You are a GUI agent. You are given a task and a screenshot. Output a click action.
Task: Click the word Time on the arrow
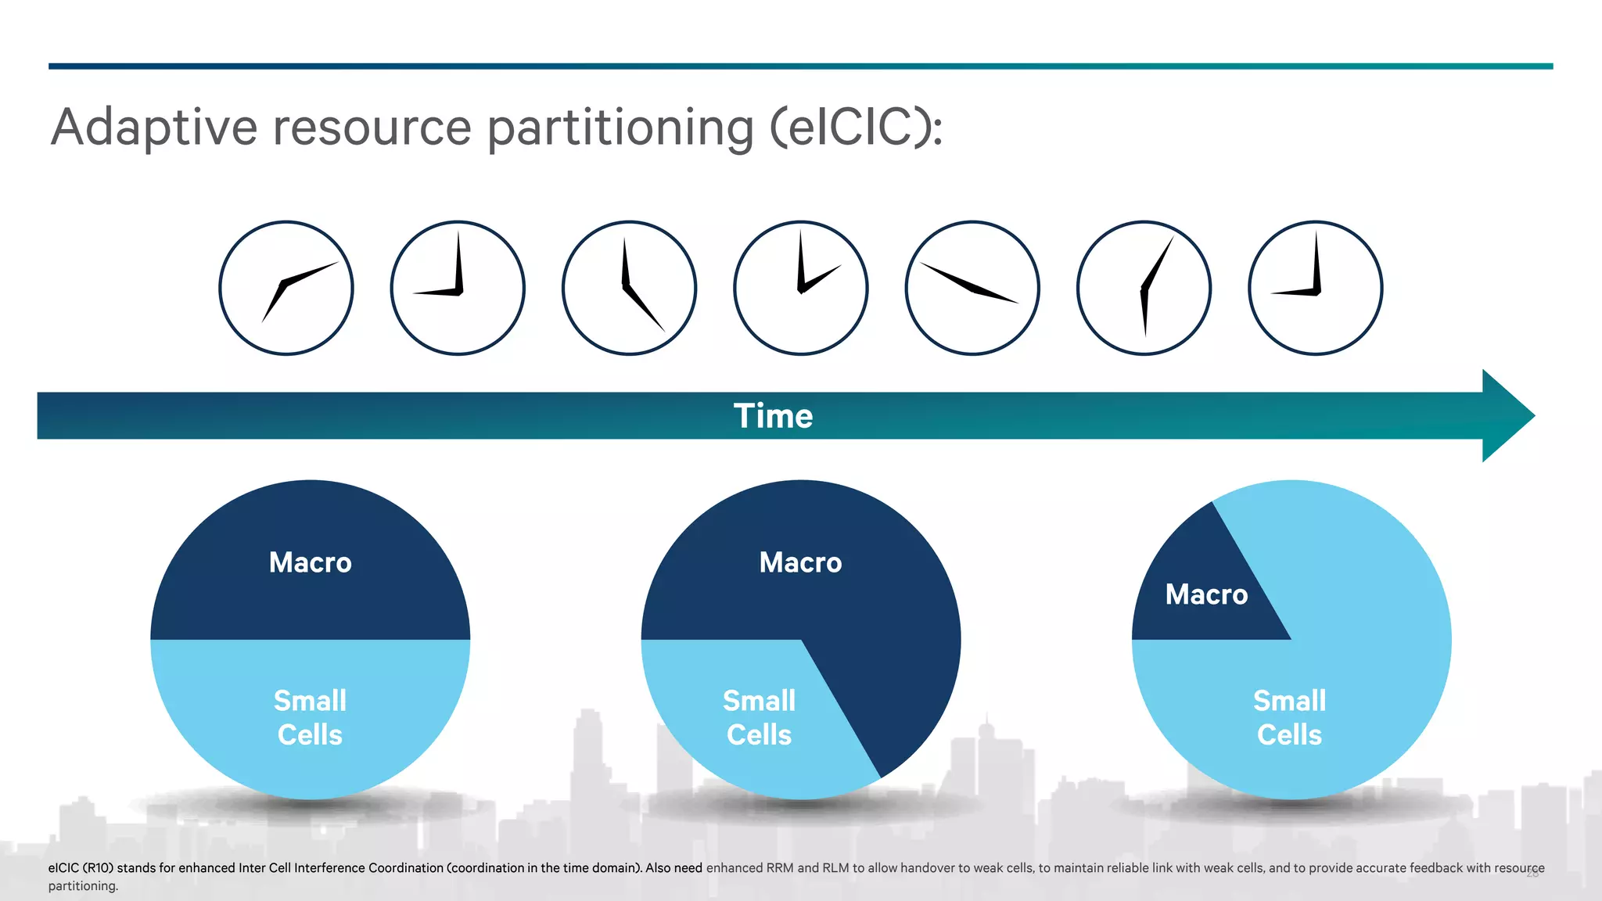pyautogui.click(x=773, y=416)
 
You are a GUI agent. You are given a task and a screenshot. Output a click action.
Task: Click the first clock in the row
pyautogui.click(x=286, y=288)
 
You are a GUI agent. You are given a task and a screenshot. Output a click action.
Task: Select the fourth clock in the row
pyautogui.click(x=801, y=288)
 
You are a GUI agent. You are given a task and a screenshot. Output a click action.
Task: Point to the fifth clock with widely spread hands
pyautogui.click(x=972, y=288)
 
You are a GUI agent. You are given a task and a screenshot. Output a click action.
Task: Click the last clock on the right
pyautogui.click(x=1316, y=288)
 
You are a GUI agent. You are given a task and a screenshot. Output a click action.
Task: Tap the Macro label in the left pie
pyautogui.click(x=311, y=562)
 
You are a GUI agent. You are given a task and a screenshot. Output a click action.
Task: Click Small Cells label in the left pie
pyautogui.click(x=311, y=717)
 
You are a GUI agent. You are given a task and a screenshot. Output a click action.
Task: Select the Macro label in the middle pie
pyautogui.click(x=800, y=562)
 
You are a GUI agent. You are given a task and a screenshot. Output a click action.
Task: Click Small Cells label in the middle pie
pyautogui.click(x=759, y=717)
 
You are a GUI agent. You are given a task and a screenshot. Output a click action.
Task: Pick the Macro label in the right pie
pyautogui.click(x=1206, y=594)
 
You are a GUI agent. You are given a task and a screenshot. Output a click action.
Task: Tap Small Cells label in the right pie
pyautogui.click(x=1289, y=717)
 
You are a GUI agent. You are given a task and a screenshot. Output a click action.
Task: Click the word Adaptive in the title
pyautogui.click(x=154, y=127)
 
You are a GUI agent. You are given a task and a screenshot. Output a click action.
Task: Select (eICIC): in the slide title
pyautogui.click(x=857, y=127)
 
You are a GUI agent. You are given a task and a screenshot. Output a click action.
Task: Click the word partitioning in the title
pyautogui.click(x=620, y=127)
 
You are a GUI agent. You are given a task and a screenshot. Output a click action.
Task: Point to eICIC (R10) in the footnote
pyautogui.click(x=81, y=867)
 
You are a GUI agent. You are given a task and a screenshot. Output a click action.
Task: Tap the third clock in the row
pyautogui.click(x=629, y=288)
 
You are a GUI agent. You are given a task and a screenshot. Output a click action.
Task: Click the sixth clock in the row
pyautogui.click(x=1144, y=288)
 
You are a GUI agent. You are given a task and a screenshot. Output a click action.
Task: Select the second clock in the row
pyautogui.click(x=458, y=288)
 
